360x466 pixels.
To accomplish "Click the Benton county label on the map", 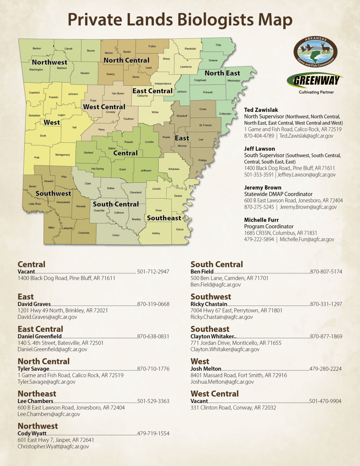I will coord(37,49).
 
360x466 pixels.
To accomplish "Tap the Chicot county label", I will coord(180,229).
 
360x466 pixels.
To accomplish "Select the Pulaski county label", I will coord(129,142).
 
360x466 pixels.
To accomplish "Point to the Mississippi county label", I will coord(234,81).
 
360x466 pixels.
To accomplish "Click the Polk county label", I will coord(37,157).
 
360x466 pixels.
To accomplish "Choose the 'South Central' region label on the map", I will coord(116,204).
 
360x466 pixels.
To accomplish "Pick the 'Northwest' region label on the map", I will coord(49,62).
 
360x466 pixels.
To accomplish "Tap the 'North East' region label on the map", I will coord(222,73).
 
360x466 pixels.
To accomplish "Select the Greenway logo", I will coord(316,81).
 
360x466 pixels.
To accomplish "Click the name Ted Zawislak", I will coord(261,110).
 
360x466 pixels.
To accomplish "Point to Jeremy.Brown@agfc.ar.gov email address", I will coord(308,207).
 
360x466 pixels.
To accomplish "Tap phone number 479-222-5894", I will coord(259,239).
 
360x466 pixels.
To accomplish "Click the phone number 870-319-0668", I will coord(153,304).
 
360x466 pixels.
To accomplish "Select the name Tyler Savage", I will coord(33,369).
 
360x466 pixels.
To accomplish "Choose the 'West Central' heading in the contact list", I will coord(214,393).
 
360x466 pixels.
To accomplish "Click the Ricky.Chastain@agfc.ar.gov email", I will coord(221,317).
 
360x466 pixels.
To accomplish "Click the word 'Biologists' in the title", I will coord(215,19).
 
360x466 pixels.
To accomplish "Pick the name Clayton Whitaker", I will coord(212,336).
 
